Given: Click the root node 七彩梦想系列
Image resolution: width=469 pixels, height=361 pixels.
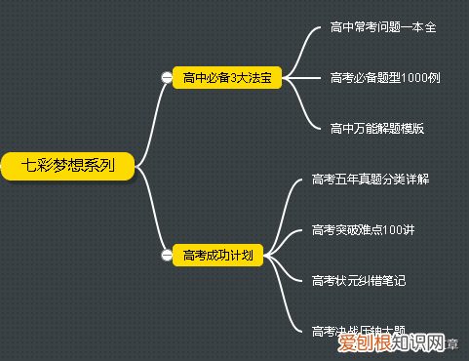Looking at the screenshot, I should point(67,165).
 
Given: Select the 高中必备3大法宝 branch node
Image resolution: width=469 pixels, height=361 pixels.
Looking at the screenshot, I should point(226,77).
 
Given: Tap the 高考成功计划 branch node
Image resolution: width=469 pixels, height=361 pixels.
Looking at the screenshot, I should point(218,256).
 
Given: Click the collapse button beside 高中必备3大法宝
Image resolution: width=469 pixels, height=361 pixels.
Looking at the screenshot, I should point(167,78).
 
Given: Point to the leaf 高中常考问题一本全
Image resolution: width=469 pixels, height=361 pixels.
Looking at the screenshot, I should point(383,26).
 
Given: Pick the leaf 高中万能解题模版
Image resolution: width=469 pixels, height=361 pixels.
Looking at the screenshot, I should point(377,128).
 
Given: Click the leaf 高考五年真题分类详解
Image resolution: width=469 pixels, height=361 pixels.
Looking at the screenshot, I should point(371,180).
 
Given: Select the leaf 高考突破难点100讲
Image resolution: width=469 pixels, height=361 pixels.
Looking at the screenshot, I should point(363,230).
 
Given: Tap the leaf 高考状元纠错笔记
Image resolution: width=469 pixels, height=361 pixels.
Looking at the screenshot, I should point(359,281).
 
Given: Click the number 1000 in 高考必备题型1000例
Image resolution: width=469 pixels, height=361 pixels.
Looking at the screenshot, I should point(410,77).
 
